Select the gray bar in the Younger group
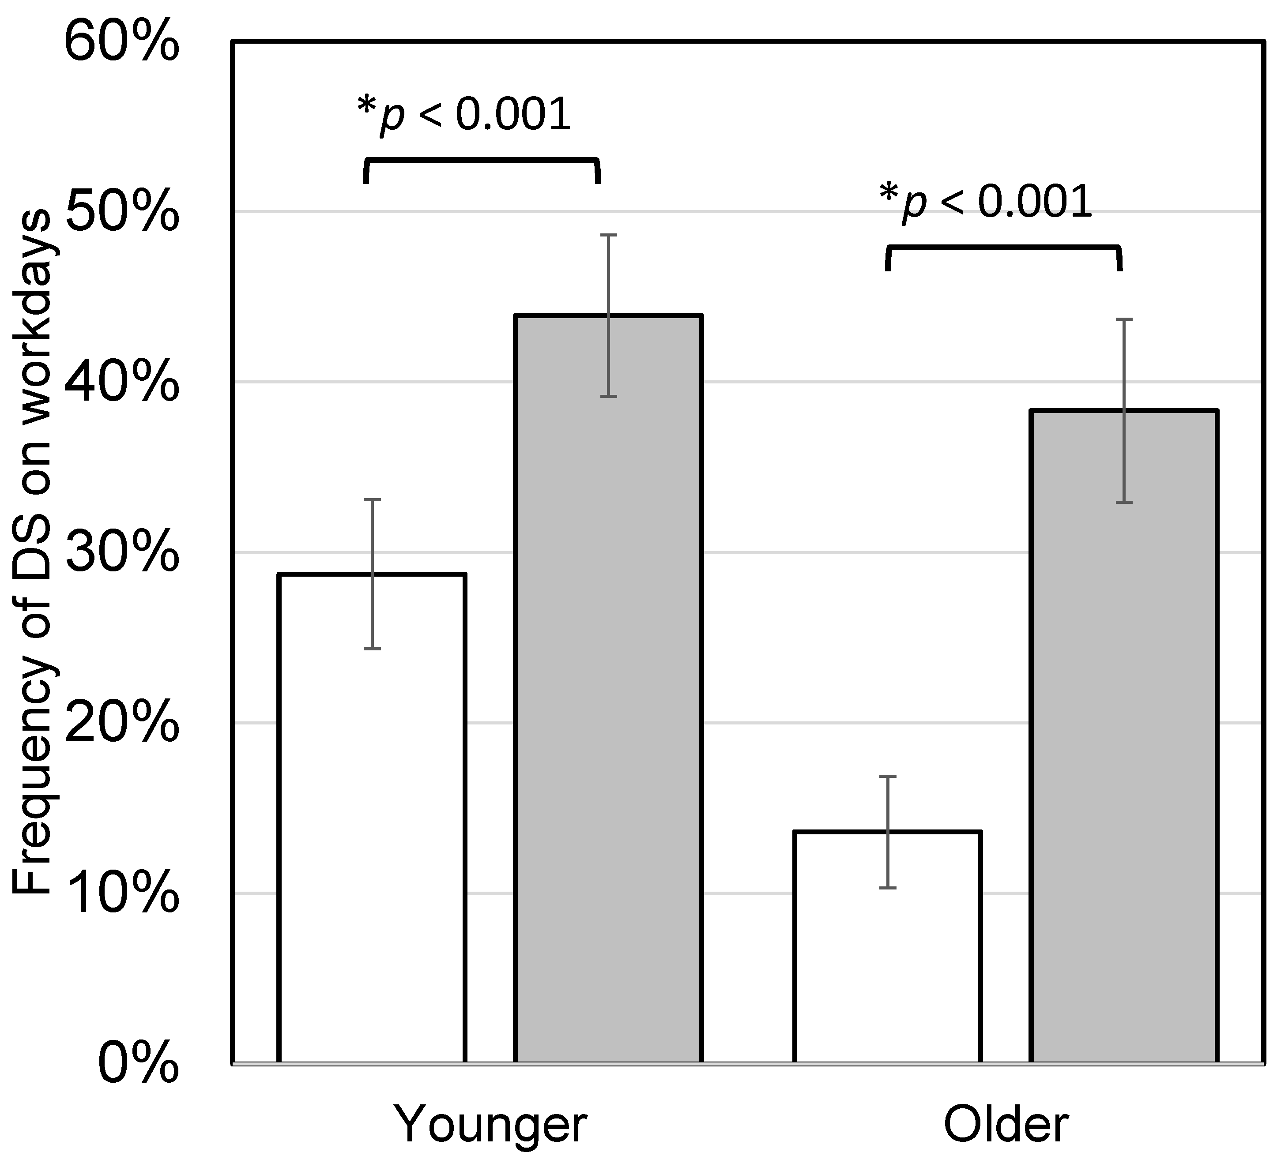click(608, 699)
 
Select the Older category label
click(1006, 1125)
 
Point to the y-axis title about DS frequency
click(32, 553)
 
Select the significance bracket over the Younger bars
click(481, 161)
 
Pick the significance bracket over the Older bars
click(1003, 248)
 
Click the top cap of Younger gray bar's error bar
click(609, 235)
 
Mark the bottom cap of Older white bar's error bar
click(888, 887)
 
